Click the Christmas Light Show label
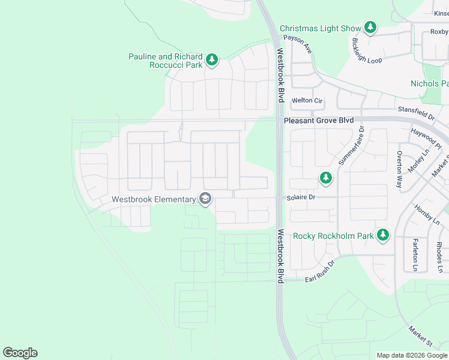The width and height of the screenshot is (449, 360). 321,28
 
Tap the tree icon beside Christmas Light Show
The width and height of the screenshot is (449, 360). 371,28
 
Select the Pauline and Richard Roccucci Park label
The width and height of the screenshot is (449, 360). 166,61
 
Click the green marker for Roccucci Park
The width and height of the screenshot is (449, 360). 211,59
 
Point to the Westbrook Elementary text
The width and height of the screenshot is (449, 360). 154,199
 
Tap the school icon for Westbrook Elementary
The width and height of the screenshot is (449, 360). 205,199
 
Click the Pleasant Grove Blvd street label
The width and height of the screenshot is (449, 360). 319,121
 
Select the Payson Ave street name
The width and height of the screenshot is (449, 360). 298,44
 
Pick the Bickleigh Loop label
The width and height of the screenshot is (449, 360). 367,52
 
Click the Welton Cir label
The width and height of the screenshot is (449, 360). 307,101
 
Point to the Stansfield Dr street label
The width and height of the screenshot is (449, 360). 416,111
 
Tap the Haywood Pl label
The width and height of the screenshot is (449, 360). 426,138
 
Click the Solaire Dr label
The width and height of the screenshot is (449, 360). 301,197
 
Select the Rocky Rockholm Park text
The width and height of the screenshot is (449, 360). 333,236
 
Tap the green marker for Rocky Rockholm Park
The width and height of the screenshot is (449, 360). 383,235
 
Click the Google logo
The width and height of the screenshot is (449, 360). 20,353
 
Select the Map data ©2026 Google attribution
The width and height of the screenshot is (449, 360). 411,355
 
